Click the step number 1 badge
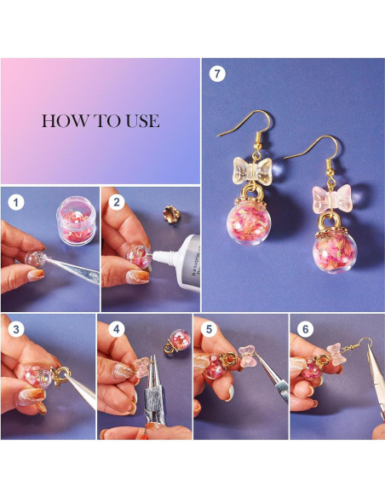[x=16, y=202]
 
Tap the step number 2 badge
[x=117, y=202]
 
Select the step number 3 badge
[x=16, y=329]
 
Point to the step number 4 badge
[x=117, y=329]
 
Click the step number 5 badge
[x=209, y=329]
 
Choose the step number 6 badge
[x=305, y=329]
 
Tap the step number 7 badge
[x=217, y=73]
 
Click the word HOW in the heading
[x=66, y=121]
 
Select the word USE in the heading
[x=143, y=121]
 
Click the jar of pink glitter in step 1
[x=76, y=220]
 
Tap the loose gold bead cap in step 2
[x=170, y=214]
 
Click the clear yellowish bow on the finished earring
[x=252, y=171]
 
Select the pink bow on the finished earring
[x=332, y=199]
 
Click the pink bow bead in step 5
[x=247, y=356]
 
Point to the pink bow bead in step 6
[x=334, y=354]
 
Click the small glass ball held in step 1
[x=35, y=259]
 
